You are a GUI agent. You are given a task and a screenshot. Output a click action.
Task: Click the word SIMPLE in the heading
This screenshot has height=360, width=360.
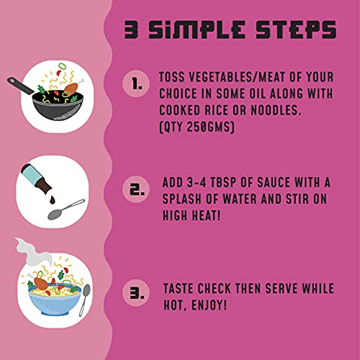tap(197, 30)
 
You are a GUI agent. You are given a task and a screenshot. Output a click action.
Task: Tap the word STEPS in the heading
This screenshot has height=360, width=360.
tap(296, 30)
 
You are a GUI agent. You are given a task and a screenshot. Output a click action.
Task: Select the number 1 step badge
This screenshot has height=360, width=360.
tap(136, 84)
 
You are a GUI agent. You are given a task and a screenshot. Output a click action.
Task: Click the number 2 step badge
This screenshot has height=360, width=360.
tap(136, 189)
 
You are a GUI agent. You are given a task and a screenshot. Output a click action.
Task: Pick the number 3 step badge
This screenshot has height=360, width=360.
tap(136, 293)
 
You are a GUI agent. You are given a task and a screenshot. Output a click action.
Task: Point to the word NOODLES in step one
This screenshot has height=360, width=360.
tap(276, 110)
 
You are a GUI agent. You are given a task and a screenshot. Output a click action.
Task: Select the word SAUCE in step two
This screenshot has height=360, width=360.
tap(274, 182)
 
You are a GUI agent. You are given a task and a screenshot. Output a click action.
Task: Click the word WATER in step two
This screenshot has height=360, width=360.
tap(240, 199)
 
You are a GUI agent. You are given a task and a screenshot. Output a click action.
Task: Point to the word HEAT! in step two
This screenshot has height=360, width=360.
tap(206, 215)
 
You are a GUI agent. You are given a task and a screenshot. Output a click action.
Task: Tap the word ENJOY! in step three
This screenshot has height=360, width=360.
tap(209, 305)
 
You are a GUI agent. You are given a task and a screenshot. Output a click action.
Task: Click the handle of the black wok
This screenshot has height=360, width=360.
tap(20, 86)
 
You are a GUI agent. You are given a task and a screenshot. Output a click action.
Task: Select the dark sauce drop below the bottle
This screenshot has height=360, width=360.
tap(53, 199)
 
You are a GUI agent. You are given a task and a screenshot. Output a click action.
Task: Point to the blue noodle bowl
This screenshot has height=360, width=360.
tap(55, 300)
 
